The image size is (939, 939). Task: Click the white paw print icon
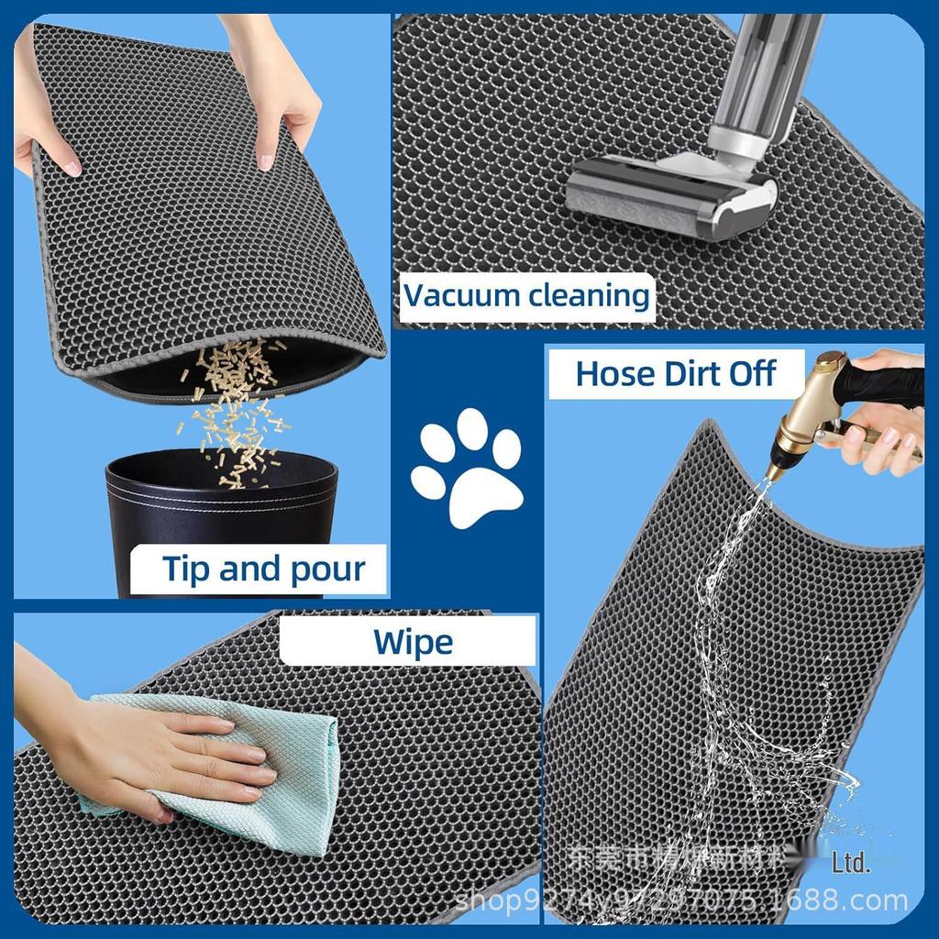point(467,468)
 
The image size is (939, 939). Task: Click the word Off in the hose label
point(752,373)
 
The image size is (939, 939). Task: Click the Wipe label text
point(413,642)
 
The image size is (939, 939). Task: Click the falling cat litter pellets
point(234,403)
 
